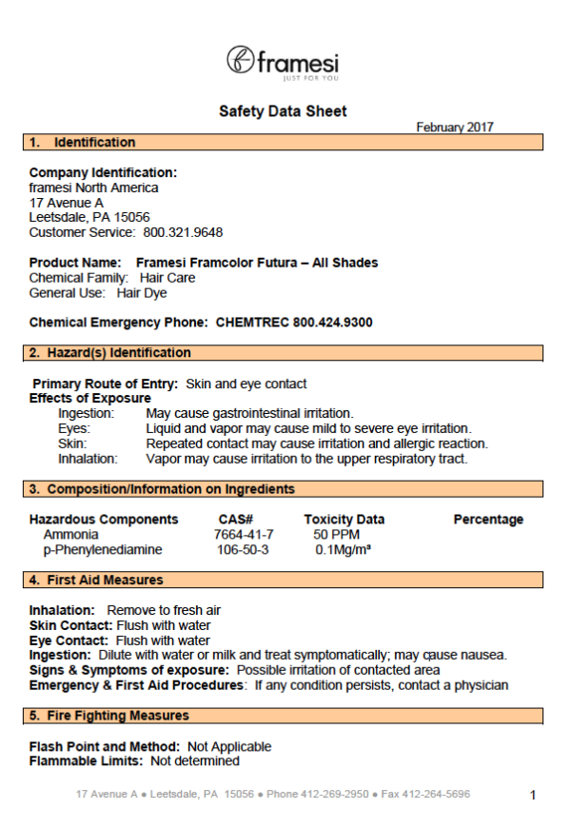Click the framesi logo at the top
coord(283,62)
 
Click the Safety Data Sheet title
coord(283,111)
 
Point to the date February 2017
coord(455,128)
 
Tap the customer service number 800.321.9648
coord(183,231)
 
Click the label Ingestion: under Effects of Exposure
coord(87,414)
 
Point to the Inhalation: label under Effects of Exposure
coord(88,459)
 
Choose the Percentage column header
coord(488,520)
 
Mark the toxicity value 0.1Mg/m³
coord(343,550)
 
